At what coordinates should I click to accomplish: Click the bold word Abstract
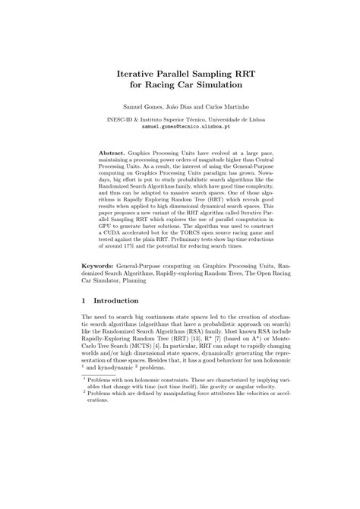114,153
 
